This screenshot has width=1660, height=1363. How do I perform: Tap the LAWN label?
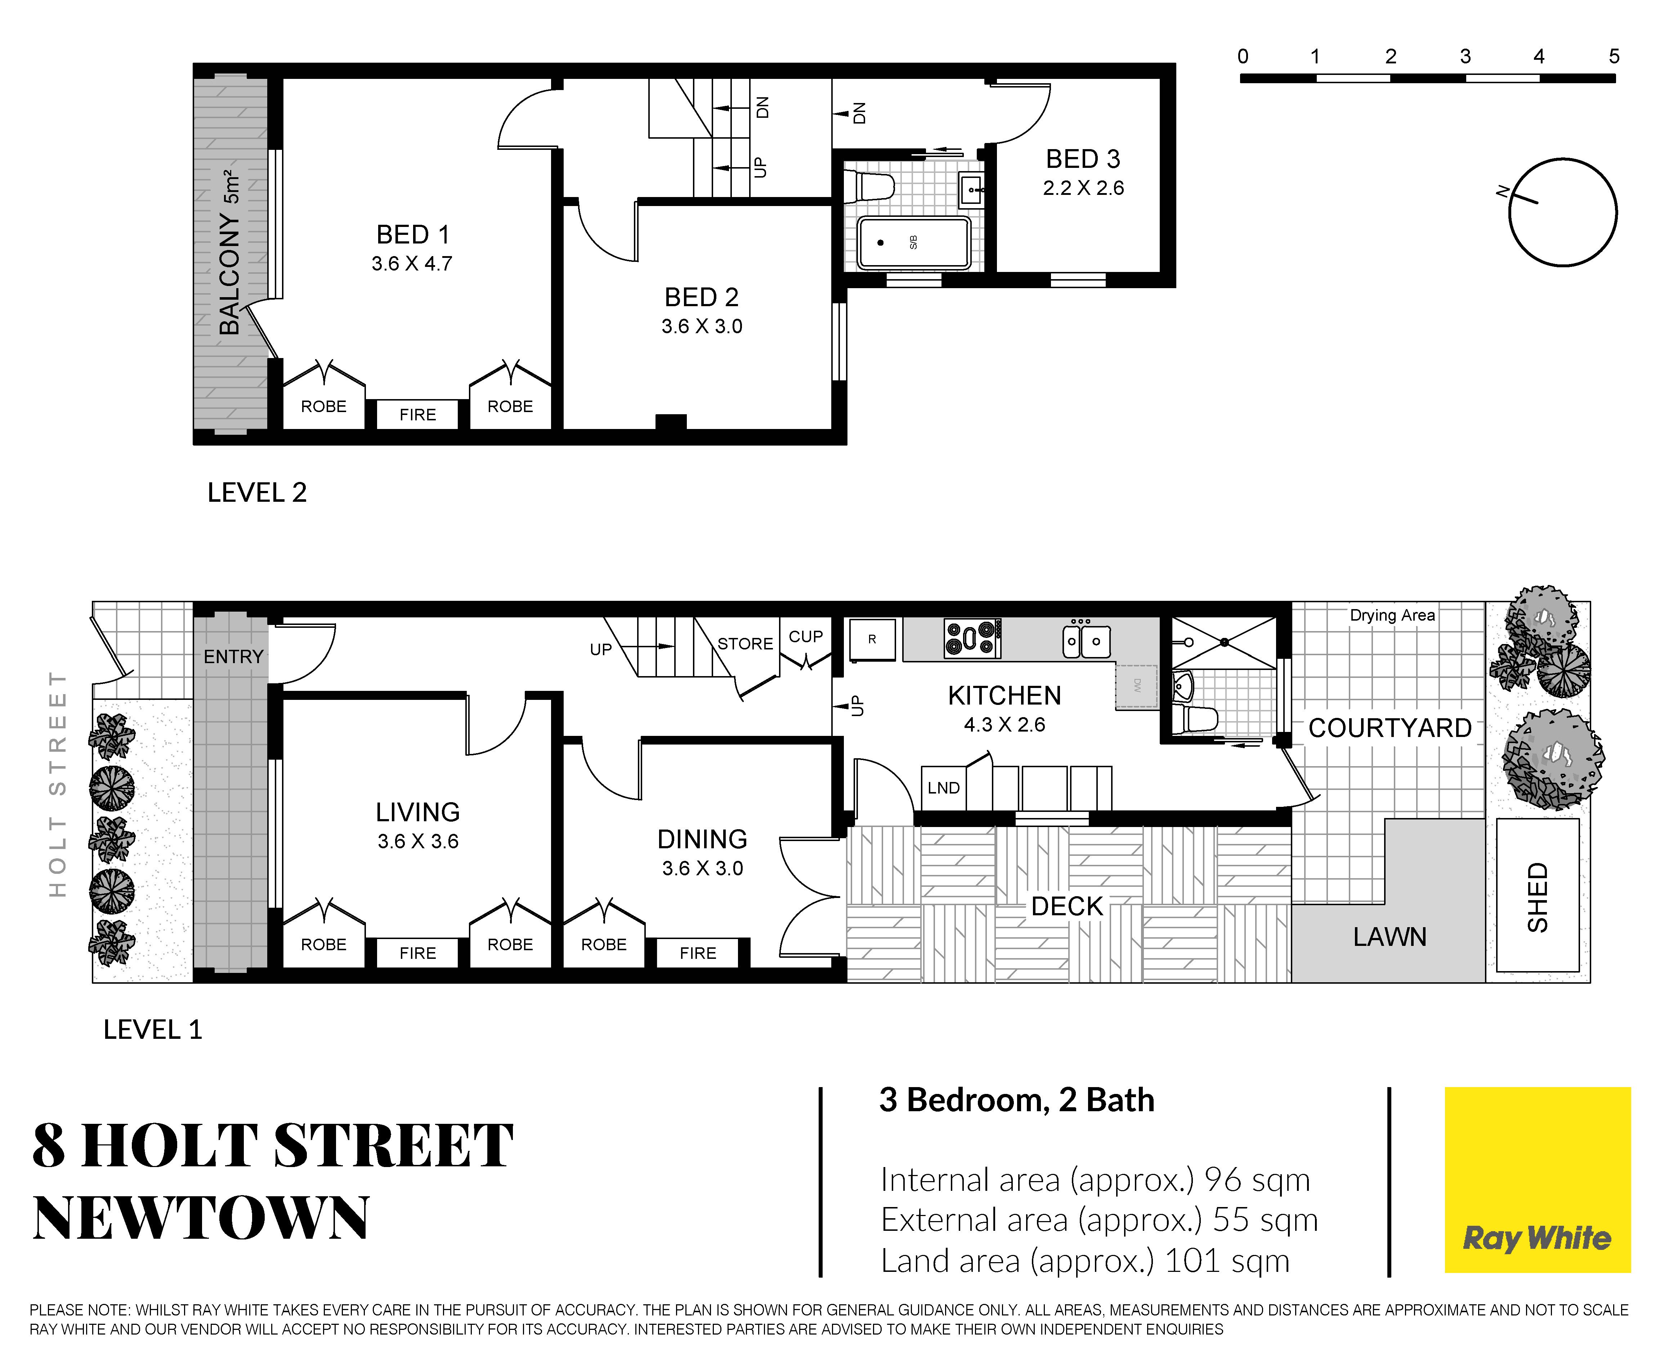[1389, 937]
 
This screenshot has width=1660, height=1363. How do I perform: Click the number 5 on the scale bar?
[1614, 57]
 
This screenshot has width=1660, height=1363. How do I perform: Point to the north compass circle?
[1563, 158]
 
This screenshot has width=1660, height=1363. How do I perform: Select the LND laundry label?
[943, 787]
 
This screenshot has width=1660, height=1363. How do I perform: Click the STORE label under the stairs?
[745, 644]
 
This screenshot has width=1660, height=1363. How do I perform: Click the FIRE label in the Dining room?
[698, 953]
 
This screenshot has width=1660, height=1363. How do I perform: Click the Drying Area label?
[1392, 616]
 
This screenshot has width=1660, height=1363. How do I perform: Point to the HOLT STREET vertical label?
[57, 783]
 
